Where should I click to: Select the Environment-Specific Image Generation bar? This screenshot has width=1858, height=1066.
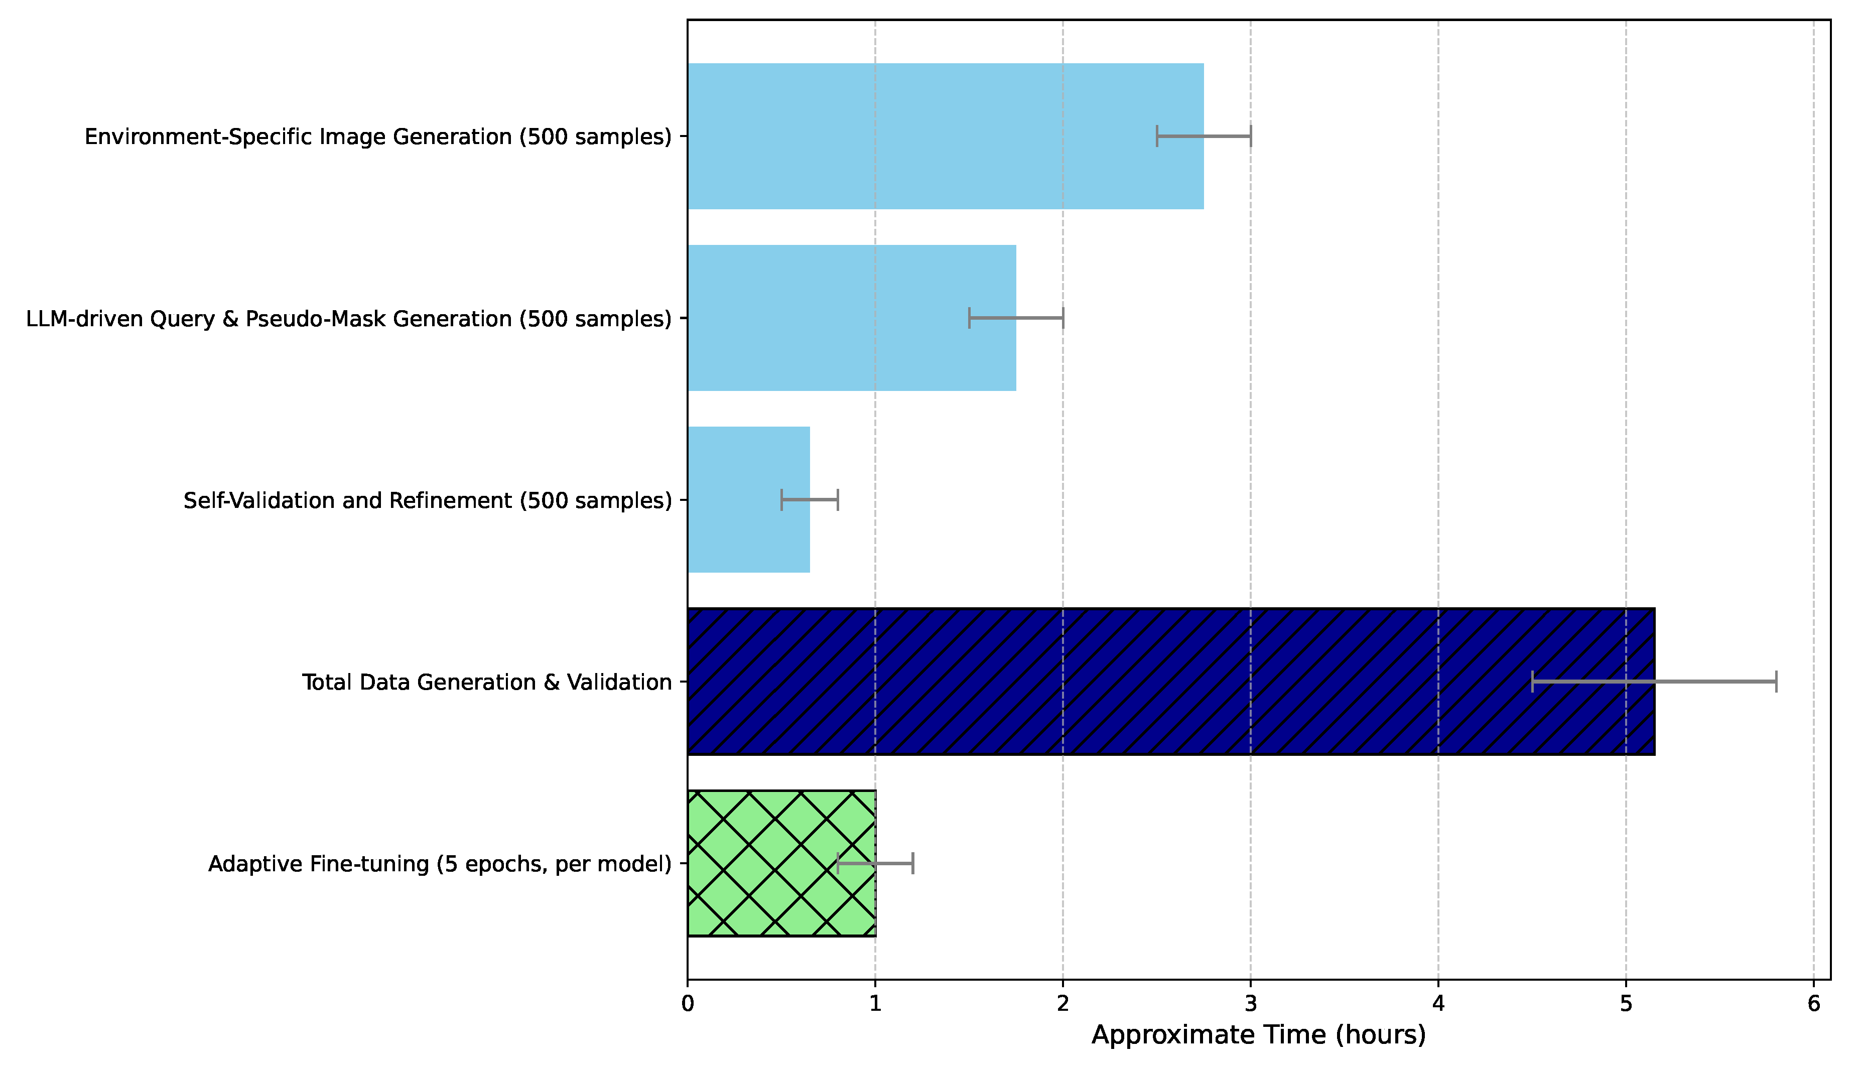tap(945, 136)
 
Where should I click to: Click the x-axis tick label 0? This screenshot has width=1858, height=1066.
tap(688, 1004)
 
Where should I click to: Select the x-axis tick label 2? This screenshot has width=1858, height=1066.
tap(1063, 1004)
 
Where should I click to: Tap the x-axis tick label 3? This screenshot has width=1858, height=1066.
tap(1250, 1004)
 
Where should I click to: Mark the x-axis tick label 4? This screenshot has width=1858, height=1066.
tap(1438, 1004)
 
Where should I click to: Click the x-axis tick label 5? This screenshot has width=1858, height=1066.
tap(1626, 1004)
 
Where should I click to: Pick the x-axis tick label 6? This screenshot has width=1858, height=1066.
tap(1814, 1004)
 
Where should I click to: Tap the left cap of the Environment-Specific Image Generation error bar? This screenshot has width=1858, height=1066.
tap(1157, 136)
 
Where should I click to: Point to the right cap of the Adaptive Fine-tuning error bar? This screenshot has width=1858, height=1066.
tap(913, 863)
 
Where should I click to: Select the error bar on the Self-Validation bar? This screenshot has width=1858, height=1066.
tap(810, 500)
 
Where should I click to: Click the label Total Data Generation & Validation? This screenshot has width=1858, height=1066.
tap(487, 683)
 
